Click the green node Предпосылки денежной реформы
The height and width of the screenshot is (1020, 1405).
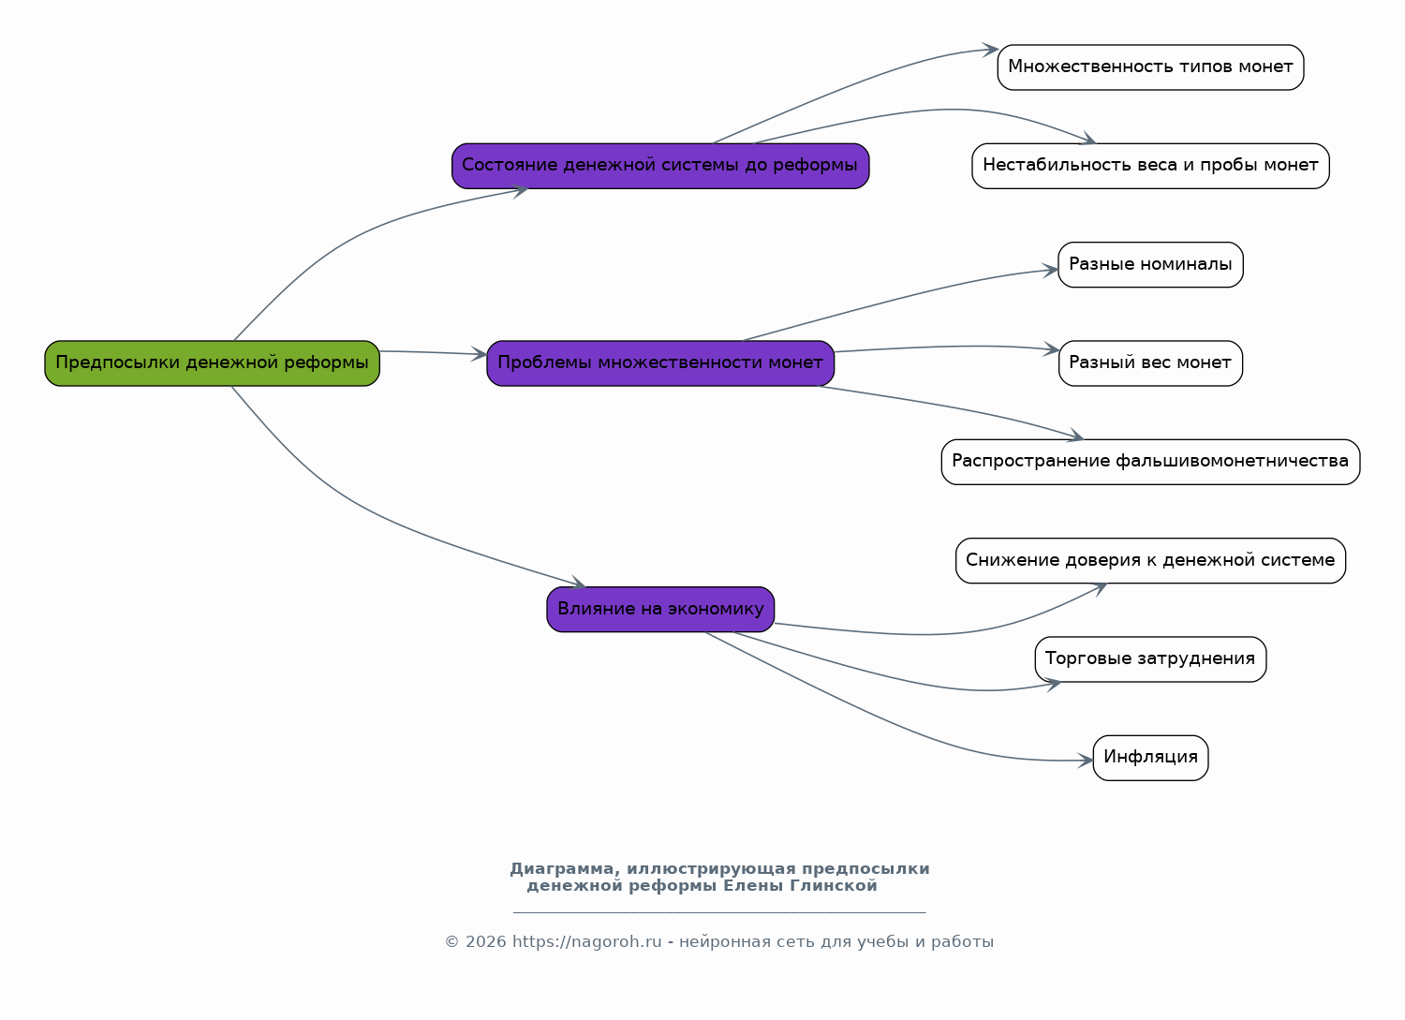(212, 363)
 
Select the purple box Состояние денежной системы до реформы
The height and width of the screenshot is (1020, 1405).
(660, 166)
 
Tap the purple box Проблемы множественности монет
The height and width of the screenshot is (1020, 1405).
(660, 363)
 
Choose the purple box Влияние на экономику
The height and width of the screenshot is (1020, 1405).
(660, 610)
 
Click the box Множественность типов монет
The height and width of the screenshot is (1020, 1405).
(1150, 67)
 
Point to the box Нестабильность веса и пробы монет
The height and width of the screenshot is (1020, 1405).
(1150, 166)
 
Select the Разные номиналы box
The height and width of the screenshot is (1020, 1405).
(1150, 265)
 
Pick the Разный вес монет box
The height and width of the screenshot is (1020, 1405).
(1150, 363)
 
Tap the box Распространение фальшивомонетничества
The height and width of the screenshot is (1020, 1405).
(1150, 463)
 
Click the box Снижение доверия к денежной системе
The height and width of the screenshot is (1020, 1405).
(1150, 561)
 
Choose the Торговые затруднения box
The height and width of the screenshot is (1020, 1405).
(1150, 659)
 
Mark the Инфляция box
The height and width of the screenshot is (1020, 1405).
(1150, 758)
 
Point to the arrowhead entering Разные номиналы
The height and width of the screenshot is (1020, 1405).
(1051, 271)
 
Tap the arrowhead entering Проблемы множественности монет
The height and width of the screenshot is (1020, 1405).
(480, 354)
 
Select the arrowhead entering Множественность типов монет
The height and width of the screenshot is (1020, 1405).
(991, 50)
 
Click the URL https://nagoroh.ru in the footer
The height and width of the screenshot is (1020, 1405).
(587, 942)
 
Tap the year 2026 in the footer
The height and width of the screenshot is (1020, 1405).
(485, 942)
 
